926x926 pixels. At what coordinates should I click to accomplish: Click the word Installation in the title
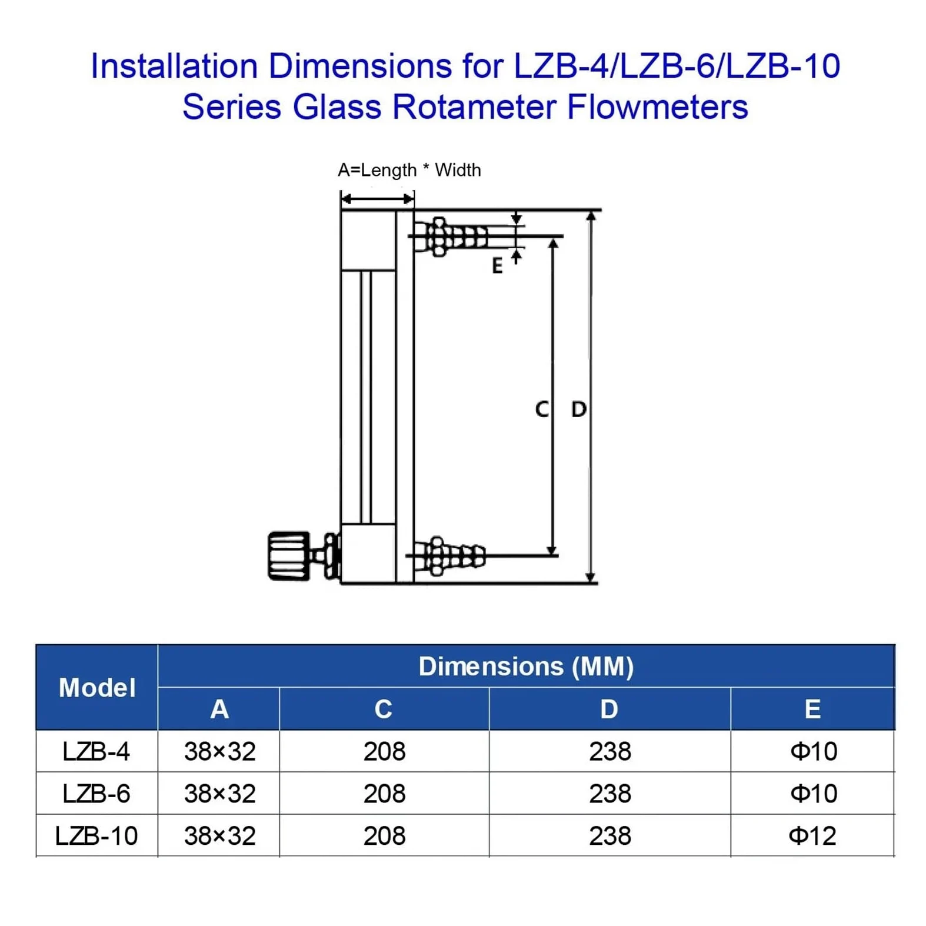click(x=174, y=66)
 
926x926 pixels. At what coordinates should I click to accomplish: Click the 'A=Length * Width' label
click(x=409, y=170)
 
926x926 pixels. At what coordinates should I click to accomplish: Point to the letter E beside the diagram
click(x=497, y=267)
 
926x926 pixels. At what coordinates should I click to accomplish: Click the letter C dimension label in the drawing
click(x=542, y=409)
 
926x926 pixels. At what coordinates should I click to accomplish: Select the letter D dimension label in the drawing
click(x=579, y=409)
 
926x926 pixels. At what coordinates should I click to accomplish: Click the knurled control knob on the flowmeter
click(x=289, y=556)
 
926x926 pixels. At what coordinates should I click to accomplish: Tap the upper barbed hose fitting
click(x=451, y=237)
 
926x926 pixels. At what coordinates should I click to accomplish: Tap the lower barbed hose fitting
click(x=449, y=555)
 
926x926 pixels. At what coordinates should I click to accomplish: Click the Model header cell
click(x=97, y=688)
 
